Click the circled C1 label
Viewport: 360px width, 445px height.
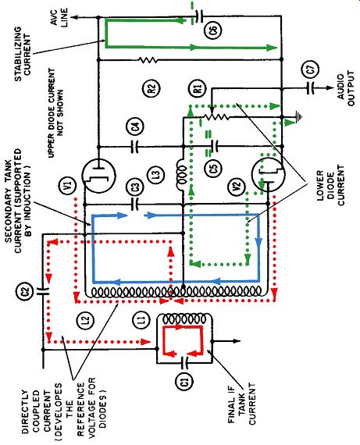coord(185,380)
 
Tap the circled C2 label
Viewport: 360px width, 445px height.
coord(25,290)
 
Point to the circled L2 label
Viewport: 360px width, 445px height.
coord(86,320)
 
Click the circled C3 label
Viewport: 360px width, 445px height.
coord(137,187)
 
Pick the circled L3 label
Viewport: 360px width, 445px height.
coord(157,173)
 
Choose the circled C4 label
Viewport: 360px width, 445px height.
coord(135,126)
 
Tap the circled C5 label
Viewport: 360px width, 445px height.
coord(214,168)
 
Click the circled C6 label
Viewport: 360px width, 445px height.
coord(213,30)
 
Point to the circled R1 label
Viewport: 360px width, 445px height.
coord(198,88)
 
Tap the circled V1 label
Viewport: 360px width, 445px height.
coord(68,186)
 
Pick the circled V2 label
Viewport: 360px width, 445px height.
coord(237,186)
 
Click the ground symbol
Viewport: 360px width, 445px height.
coord(298,116)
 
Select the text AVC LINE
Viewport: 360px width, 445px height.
coord(59,17)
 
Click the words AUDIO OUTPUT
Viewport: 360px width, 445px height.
coord(346,88)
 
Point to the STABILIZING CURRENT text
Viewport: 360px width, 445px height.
coord(23,54)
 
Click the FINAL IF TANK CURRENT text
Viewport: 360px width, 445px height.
coord(241,404)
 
